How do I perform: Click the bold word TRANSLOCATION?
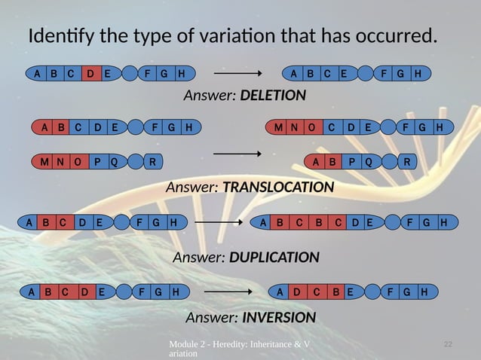click(278, 186)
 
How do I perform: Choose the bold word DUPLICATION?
click(274, 257)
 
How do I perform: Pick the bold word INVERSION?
click(273, 317)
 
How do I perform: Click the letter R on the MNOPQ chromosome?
click(153, 161)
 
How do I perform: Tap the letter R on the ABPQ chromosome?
click(407, 161)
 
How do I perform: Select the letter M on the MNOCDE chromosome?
click(278, 127)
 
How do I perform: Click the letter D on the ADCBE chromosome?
click(298, 291)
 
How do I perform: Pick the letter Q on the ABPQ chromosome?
click(369, 161)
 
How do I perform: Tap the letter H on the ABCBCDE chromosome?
click(444, 222)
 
